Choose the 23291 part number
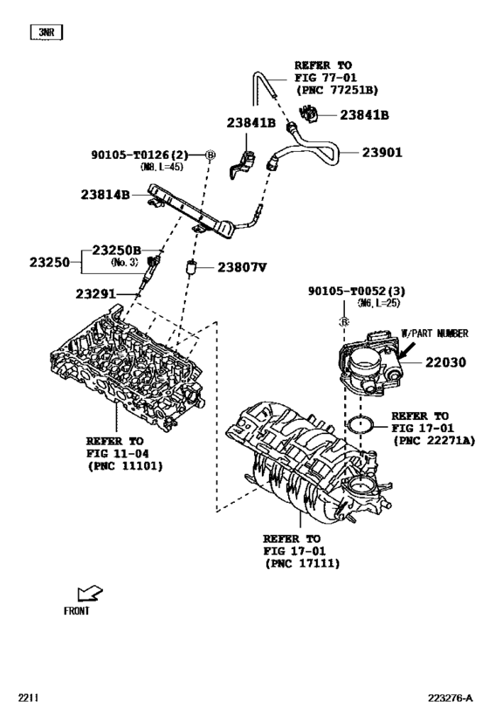(95, 293)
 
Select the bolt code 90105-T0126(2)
(141, 155)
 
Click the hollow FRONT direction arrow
(88, 595)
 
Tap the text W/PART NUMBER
(434, 333)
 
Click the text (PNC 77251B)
(336, 89)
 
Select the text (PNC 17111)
(301, 564)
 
